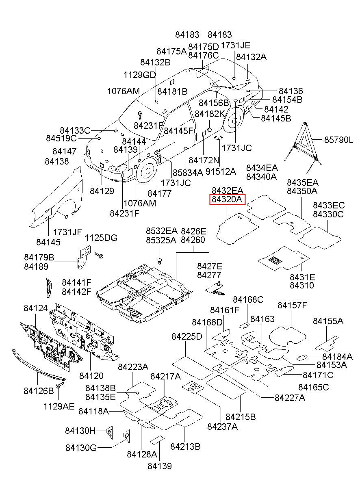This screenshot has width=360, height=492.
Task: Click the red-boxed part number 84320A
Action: click(x=227, y=199)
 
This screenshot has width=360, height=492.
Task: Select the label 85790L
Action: click(x=338, y=140)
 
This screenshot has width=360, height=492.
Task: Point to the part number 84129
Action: click(x=102, y=191)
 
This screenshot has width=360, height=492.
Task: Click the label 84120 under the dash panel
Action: click(x=91, y=376)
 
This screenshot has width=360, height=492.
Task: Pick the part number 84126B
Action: click(x=39, y=391)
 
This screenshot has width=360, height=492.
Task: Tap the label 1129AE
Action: click(x=59, y=406)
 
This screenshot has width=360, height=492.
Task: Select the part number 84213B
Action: click(x=185, y=446)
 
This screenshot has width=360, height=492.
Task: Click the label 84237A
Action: click(x=222, y=426)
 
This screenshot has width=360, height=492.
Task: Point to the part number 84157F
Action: click(x=292, y=305)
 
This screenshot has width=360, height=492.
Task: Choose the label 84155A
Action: click(x=328, y=321)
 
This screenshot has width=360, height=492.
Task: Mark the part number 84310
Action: click(x=302, y=285)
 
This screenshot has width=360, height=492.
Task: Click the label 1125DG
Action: click(x=101, y=238)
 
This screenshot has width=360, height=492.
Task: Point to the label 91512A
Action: click(x=221, y=172)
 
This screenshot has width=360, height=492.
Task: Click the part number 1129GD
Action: click(x=140, y=75)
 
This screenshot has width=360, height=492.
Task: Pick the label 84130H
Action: click(x=80, y=430)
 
